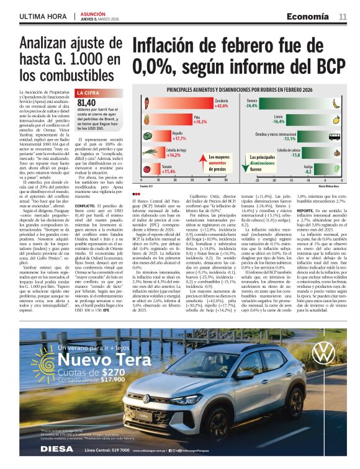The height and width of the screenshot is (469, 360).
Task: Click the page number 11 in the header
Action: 343,17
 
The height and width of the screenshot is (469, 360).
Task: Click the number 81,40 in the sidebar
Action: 86,102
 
